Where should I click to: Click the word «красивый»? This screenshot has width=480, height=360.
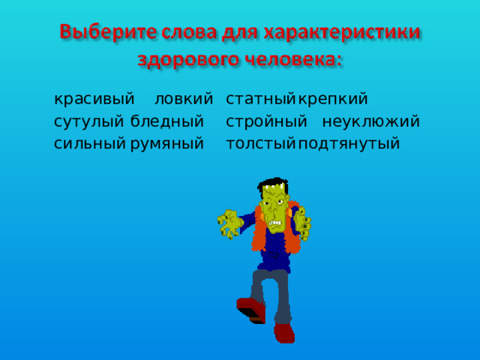click(x=94, y=99)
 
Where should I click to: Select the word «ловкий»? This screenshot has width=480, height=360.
click(x=183, y=99)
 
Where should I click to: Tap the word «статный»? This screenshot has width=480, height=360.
click(x=259, y=99)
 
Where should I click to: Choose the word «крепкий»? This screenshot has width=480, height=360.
click(x=332, y=99)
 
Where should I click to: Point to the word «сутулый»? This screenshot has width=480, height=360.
click(x=89, y=121)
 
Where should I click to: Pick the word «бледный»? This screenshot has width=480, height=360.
click(x=166, y=121)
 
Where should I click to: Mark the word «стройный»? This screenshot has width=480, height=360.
click(x=266, y=121)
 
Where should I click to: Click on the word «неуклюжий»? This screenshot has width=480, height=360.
click(x=370, y=121)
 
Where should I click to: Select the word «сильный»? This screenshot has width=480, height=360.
click(x=89, y=144)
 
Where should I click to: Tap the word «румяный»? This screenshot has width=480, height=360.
click(x=166, y=144)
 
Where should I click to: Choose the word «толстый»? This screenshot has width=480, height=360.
click(x=259, y=144)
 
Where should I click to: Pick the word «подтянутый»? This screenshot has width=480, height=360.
click(x=349, y=144)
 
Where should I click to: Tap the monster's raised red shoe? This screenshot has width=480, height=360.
click(x=249, y=308)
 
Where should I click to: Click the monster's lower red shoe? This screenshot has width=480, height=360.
click(x=284, y=332)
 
